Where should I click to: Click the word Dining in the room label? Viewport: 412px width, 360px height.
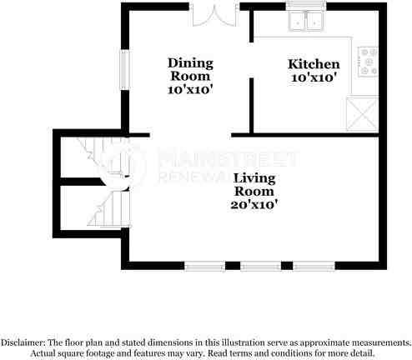[190, 63]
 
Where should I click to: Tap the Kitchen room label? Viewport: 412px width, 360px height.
[314, 64]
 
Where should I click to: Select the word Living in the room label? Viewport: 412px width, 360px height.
[254, 177]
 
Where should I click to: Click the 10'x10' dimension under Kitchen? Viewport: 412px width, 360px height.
[314, 77]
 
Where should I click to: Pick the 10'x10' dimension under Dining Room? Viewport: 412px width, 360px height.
[190, 90]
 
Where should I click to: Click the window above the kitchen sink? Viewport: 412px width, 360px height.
[305, 5]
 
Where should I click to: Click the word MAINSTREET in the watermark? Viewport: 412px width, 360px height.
[228, 157]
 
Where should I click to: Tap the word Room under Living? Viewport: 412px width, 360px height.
[255, 190]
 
